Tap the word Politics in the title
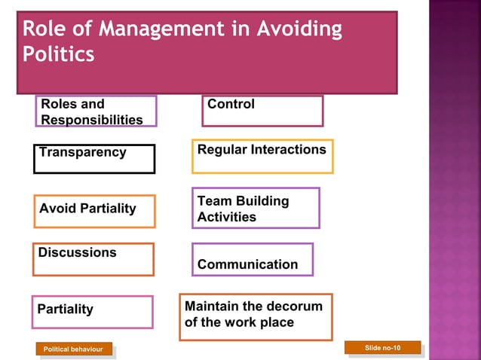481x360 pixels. [59, 55]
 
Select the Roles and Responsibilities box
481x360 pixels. [96, 111]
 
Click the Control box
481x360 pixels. [262, 111]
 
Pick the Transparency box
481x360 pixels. [94, 158]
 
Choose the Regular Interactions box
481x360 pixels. [262, 156]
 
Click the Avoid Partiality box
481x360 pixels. [94, 211]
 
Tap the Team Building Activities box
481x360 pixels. [256, 208]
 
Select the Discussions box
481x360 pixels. [93, 259]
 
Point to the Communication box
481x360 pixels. [253, 260]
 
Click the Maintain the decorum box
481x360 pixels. [256, 316]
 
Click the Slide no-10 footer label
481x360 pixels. [382, 347]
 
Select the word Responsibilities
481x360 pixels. [92, 120]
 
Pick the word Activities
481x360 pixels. [227, 217]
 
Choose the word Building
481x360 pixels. [262, 201]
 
